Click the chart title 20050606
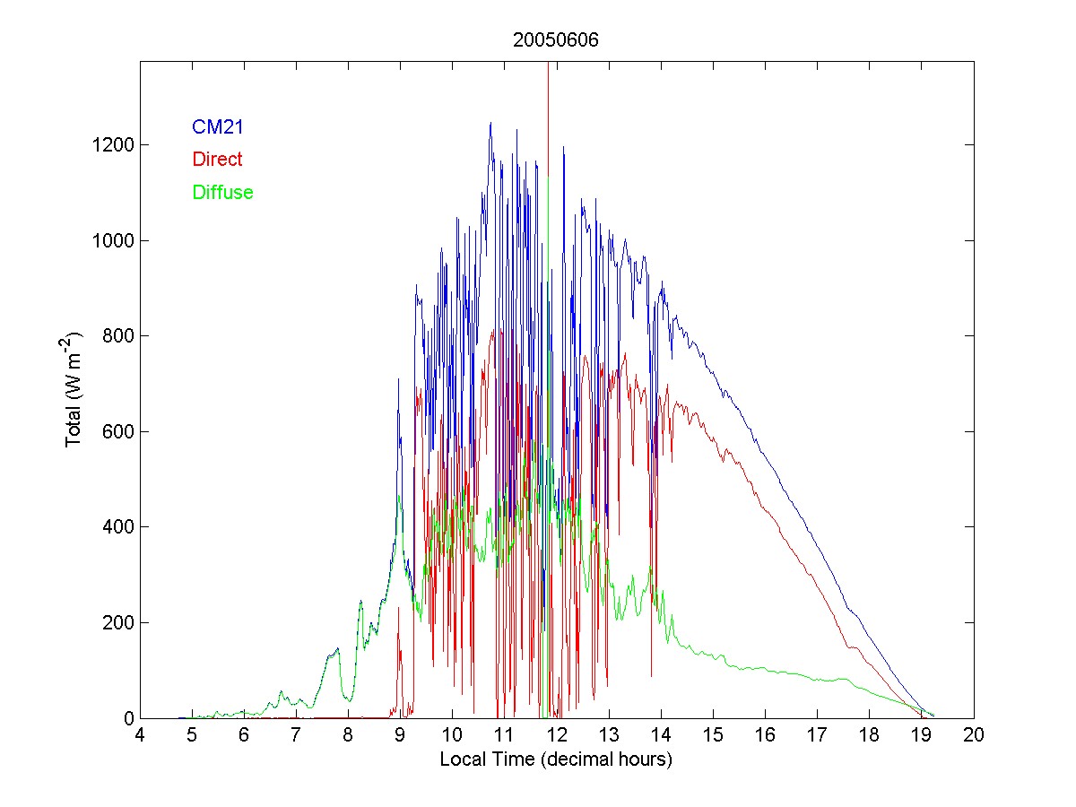tap(556, 40)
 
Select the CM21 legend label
tap(218, 127)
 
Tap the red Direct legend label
tap(217, 160)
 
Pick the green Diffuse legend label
tap(222, 192)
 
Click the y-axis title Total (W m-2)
tap(73, 389)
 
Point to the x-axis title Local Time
tap(556, 759)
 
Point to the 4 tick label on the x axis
tap(140, 736)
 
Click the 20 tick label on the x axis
tap(974, 736)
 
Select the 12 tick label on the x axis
tap(557, 736)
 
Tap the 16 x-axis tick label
tap(765, 736)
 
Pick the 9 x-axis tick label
tap(400, 736)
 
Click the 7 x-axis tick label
tap(296, 736)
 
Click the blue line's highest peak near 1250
tap(490, 123)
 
